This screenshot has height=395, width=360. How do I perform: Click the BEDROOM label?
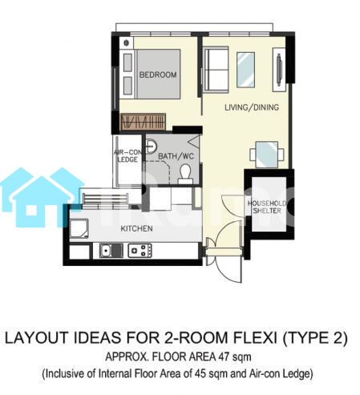(158, 75)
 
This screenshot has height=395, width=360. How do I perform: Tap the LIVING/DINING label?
(252, 107)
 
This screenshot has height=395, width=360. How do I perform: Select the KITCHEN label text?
(137, 228)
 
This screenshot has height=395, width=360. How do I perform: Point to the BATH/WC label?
(176, 156)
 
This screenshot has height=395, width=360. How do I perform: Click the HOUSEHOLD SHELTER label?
(267, 207)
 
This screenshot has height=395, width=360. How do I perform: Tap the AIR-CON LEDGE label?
(127, 156)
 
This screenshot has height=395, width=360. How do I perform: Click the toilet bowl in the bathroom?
(185, 174)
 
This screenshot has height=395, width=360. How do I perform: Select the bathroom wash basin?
(151, 146)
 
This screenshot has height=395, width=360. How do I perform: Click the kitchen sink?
(111, 251)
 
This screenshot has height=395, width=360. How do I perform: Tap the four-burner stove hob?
(140, 251)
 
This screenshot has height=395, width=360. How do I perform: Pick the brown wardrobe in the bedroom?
(144, 122)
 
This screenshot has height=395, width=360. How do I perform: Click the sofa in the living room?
(216, 70)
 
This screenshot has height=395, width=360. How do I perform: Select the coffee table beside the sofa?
(245, 70)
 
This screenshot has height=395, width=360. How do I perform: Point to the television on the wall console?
(279, 70)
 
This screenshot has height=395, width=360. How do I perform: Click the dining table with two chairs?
(267, 155)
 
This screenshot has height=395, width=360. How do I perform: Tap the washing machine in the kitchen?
(79, 228)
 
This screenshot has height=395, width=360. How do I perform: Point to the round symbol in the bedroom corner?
(127, 42)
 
